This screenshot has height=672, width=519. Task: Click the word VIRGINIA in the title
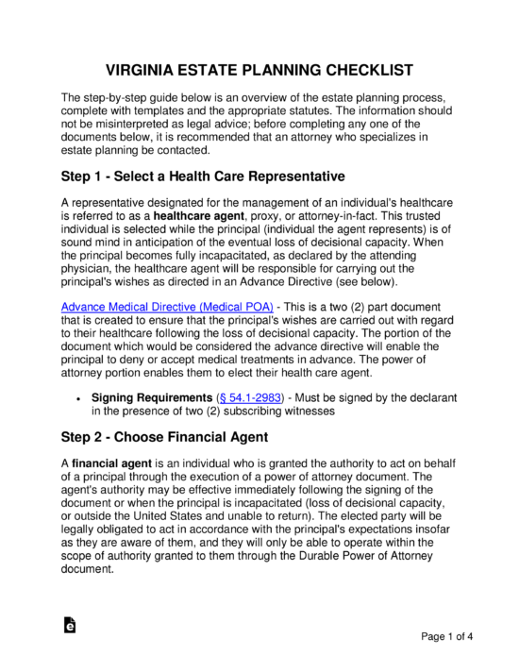coord(141,73)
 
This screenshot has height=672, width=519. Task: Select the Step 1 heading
coord(203,176)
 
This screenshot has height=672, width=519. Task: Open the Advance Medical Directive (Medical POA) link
coord(167,306)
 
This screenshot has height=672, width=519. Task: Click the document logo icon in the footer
coord(69,628)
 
